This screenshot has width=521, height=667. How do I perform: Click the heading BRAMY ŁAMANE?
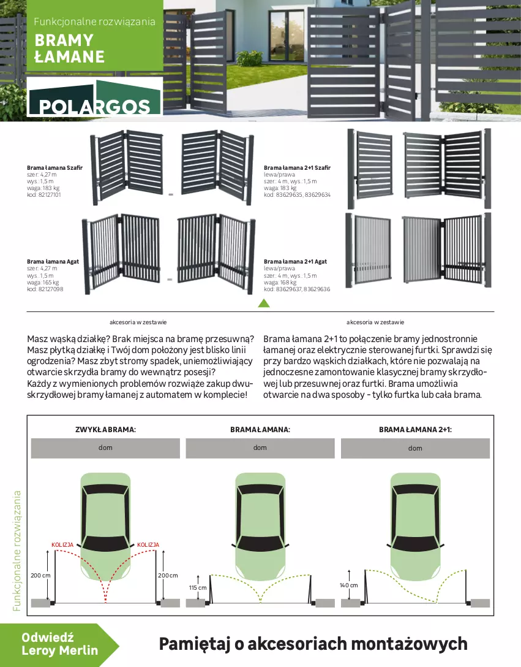[69, 49]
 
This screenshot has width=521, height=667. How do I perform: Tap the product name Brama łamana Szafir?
[54, 167]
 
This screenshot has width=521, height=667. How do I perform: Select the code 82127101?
[49, 194]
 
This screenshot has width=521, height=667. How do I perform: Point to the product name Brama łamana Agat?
[53, 261]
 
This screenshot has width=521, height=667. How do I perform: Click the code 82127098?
[49, 289]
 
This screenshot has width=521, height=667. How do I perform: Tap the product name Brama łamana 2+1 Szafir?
[297, 167]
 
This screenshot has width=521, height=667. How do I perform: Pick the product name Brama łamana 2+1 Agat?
[295, 261]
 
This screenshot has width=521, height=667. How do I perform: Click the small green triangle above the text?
[263, 303]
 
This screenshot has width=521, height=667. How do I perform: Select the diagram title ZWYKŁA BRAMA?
[105, 430]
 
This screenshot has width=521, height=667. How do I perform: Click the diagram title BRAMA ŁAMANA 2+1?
[415, 430]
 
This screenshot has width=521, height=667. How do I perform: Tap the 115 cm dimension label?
[198, 587]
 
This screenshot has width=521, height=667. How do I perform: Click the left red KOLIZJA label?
[62, 544]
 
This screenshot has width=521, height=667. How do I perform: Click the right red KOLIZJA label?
[148, 544]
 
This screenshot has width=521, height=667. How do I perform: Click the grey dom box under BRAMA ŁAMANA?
[260, 448]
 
